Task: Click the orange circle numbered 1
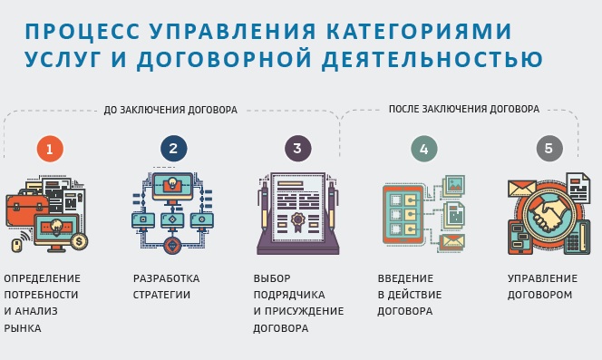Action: pyautogui.click(x=50, y=150)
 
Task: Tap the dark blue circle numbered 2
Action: pyautogui.click(x=173, y=150)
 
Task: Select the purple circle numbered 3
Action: pyautogui.click(x=296, y=150)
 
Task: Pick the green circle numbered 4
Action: pyautogui.click(x=423, y=150)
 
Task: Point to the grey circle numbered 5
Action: pyautogui.click(x=549, y=150)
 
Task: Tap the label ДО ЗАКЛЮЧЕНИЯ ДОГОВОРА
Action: pyautogui.click(x=170, y=110)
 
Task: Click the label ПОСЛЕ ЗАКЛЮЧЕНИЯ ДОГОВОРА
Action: pyautogui.click(x=463, y=109)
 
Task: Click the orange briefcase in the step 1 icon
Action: pyautogui.click(x=26, y=210)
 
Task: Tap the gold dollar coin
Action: pyautogui.click(x=80, y=241)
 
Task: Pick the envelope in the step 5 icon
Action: pyautogui.click(x=521, y=189)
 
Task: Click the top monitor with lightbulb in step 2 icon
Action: pyautogui.click(x=172, y=186)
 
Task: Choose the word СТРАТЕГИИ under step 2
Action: pyautogui.click(x=161, y=295)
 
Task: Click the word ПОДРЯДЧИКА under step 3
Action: pyautogui.click(x=286, y=295)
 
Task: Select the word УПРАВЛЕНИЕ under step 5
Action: pyautogui.click(x=542, y=278)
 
